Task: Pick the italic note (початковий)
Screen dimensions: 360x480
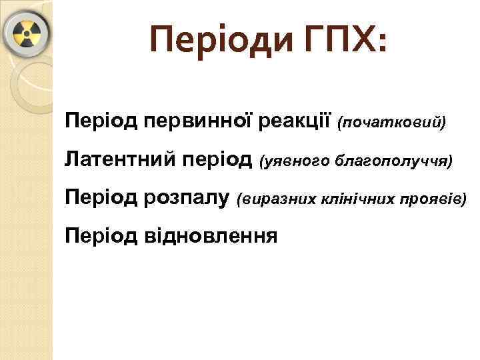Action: [x=392, y=123]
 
